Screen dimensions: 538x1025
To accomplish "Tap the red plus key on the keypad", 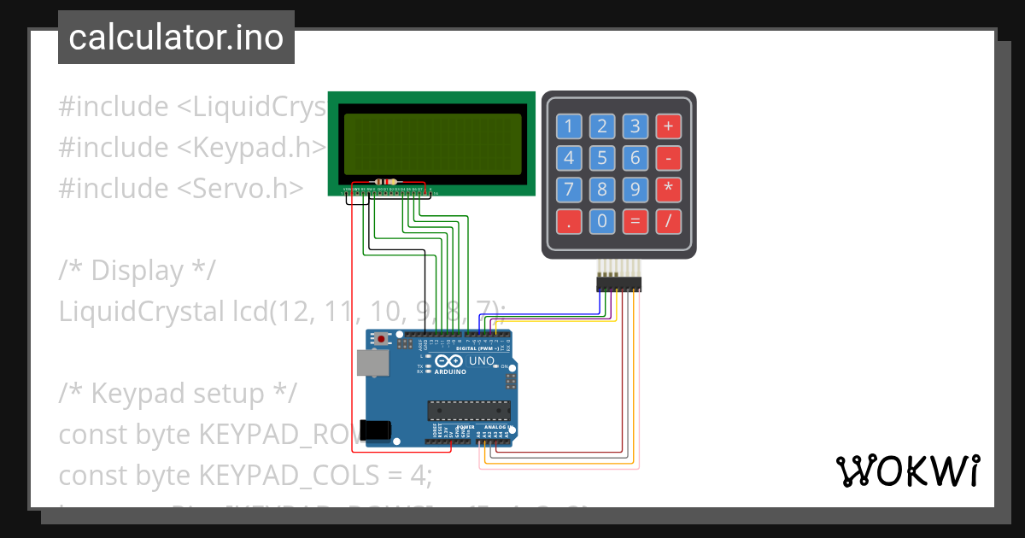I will [x=668, y=127].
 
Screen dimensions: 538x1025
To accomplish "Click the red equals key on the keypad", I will [x=635, y=222].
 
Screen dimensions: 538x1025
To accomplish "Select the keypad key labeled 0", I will [x=602, y=222].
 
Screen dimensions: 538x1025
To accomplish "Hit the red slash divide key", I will [x=668, y=222].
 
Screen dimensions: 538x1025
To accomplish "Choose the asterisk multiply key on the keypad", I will [x=668, y=190].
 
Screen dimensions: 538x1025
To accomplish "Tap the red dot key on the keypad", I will [x=569, y=222].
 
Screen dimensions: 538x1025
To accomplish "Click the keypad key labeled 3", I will [x=635, y=127].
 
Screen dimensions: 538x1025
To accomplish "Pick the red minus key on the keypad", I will [x=668, y=158].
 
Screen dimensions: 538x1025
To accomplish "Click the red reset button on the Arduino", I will [x=379, y=339].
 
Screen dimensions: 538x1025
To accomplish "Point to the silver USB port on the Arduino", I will [x=372, y=362].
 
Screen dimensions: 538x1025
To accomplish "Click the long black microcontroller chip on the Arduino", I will [x=468, y=410].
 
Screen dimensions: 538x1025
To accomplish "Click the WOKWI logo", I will [x=907, y=471].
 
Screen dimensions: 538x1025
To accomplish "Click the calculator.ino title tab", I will [x=176, y=38].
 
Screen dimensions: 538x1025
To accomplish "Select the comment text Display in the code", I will [x=137, y=270].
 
